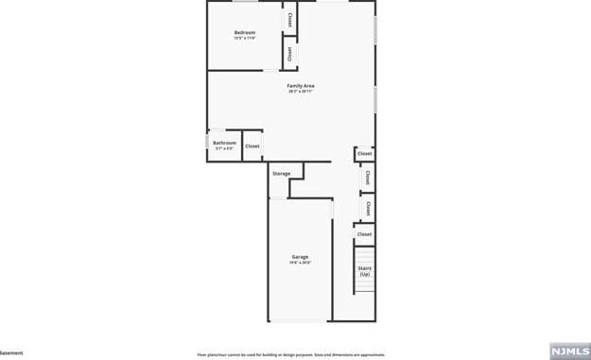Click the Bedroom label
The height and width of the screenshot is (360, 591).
point(245,33)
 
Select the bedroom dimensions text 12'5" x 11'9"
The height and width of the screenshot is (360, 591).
point(245,39)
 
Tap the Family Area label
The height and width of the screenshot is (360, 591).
point(301,86)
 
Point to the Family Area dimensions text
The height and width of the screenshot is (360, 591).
point(301,92)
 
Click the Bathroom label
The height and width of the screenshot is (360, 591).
point(224,143)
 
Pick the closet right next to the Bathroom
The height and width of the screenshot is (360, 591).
point(252,146)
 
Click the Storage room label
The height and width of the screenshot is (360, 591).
point(281,174)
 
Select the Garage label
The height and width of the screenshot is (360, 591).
point(300,257)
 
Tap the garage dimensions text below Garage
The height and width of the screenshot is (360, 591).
point(300,263)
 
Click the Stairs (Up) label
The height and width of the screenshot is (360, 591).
point(364,271)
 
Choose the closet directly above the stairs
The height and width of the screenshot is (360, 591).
point(364,233)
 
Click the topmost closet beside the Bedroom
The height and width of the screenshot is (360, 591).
point(289,19)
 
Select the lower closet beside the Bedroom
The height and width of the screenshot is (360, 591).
point(289,54)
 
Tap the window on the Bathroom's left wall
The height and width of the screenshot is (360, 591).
point(208,142)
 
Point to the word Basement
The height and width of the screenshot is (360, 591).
point(11,353)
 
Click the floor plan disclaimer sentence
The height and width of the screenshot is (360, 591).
point(290,354)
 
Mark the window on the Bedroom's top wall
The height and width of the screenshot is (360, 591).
point(245,2)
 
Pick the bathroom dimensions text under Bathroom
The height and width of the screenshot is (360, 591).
point(224,148)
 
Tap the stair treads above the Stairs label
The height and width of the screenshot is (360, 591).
point(364,255)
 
